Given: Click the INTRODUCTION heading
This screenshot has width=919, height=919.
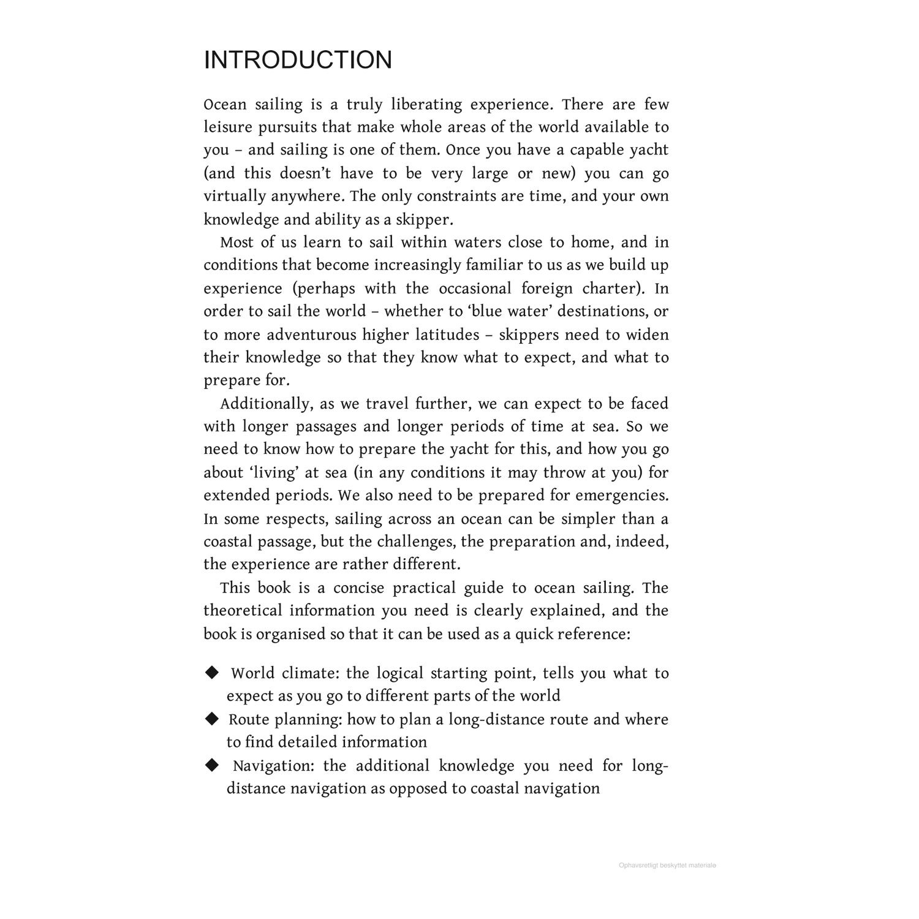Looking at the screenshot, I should [x=298, y=60].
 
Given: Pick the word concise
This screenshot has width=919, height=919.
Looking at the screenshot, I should [x=360, y=588].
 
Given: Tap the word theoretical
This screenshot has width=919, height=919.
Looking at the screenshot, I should [x=242, y=611].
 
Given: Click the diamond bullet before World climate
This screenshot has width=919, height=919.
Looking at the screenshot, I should [x=212, y=673].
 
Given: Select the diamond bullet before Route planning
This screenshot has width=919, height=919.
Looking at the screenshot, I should [x=212, y=719].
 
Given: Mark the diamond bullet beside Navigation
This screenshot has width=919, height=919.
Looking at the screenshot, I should [x=212, y=765].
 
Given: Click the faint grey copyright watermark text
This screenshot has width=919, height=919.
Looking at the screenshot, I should [x=667, y=866].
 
